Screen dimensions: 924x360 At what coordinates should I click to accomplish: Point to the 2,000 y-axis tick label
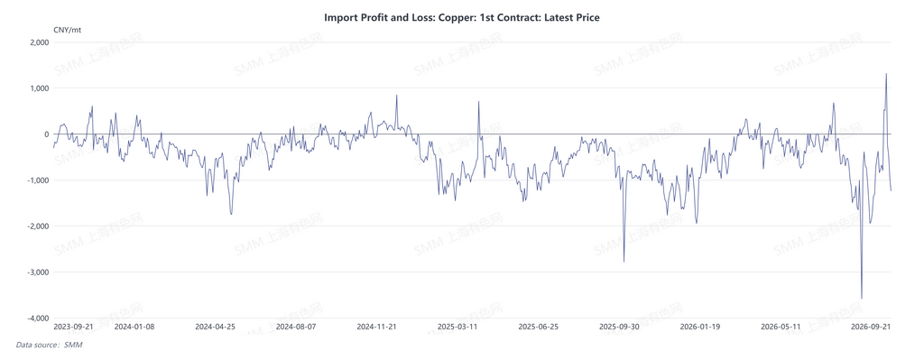(x=40, y=42)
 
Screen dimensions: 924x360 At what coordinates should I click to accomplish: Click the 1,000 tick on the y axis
(x=40, y=88)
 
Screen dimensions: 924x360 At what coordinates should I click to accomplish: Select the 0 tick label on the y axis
(x=47, y=134)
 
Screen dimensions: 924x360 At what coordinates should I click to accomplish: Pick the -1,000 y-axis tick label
(x=38, y=180)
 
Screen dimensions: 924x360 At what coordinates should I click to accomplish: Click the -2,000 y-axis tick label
(x=38, y=226)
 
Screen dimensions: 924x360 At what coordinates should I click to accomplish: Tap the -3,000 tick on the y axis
(x=38, y=272)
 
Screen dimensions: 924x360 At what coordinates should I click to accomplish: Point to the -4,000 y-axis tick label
(x=38, y=318)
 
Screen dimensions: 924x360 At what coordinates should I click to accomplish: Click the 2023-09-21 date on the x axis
(x=73, y=326)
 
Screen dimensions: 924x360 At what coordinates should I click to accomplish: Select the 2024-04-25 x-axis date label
(x=215, y=326)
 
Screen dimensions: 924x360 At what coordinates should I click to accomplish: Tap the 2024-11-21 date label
(x=377, y=326)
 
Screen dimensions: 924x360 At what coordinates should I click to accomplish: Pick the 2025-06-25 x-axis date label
(x=538, y=326)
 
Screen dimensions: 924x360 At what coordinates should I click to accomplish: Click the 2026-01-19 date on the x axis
(x=699, y=326)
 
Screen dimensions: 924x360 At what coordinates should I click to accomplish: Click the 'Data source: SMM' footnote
(x=49, y=345)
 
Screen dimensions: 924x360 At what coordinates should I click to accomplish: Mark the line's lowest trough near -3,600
(x=862, y=299)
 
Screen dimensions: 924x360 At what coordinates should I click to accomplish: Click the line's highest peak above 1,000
(x=886, y=74)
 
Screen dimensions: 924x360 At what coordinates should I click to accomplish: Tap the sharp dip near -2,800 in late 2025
(x=624, y=262)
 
